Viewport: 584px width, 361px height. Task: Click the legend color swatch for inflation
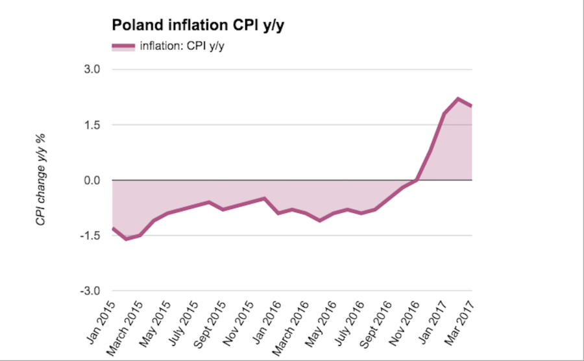[x=123, y=45]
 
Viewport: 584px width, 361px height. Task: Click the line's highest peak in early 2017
[x=458, y=99]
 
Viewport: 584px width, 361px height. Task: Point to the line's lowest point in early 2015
[x=126, y=239]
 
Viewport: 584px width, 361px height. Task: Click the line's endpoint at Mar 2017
[x=472, y=106]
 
